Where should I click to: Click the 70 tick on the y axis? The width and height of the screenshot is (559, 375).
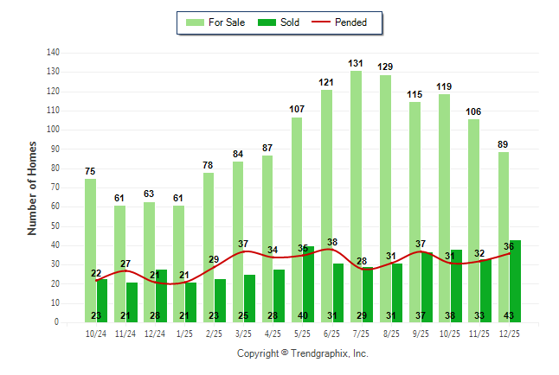55,187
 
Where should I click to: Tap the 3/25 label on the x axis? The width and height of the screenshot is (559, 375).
243,333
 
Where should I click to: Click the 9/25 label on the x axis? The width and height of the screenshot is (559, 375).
421,333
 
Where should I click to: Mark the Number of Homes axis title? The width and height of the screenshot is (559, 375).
32,187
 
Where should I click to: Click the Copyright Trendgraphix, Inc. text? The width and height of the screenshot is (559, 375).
302,353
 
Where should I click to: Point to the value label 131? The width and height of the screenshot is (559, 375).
356,63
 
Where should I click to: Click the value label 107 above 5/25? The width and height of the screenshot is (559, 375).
297,110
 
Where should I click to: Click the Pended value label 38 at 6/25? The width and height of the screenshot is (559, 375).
332,242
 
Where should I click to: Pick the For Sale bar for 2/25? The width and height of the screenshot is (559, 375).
208,242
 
